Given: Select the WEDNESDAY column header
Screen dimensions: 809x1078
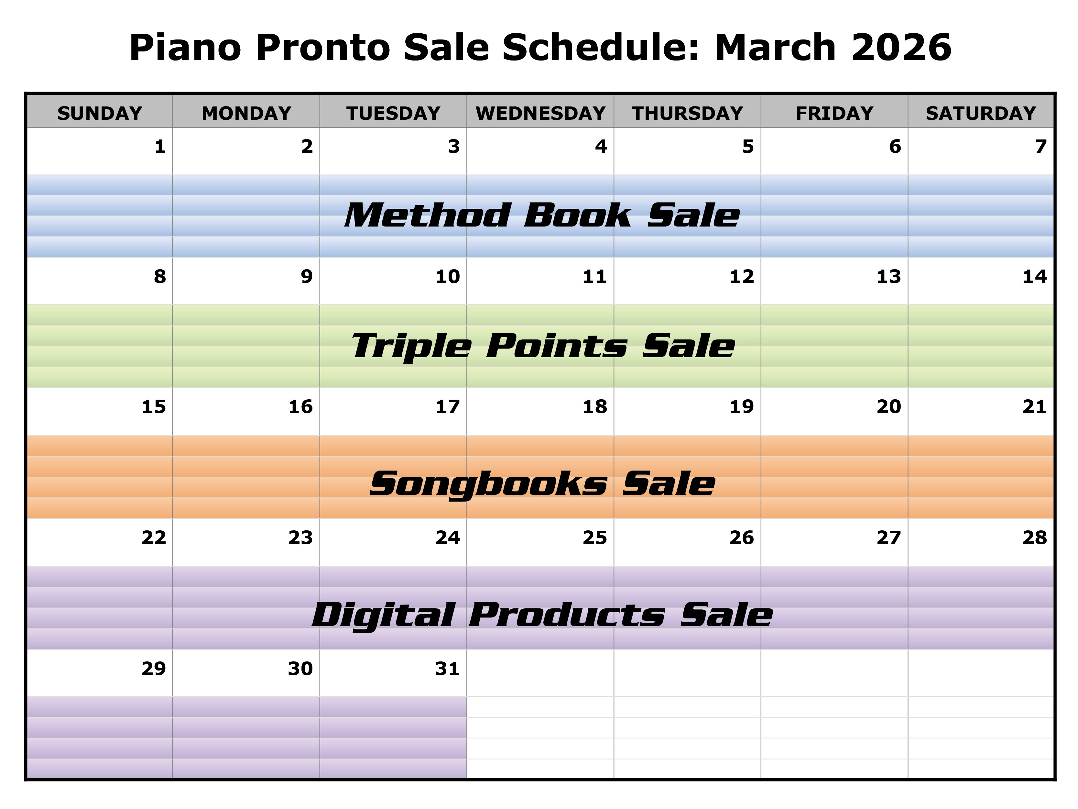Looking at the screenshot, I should click(x=540, y=113).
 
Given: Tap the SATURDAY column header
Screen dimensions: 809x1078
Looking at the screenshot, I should click(x=981, y=113).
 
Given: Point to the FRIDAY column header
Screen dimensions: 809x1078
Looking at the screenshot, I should click(x=834, y=113).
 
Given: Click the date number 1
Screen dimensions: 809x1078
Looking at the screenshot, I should click(x=160, y=146).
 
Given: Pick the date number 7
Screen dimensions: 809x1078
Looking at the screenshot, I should click(x=1041, y=146).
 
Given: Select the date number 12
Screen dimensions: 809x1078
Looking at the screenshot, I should click(x=741, y=276).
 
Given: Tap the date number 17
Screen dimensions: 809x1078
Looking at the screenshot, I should click(x=447, y=407).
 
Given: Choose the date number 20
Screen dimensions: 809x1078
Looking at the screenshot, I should click(x=888, y=407).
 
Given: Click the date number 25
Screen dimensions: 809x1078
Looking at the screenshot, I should click(x=594, y=537).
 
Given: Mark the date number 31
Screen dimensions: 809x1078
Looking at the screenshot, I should click(x=447, y=669).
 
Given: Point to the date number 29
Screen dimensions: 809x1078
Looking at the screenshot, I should click(x=154, y=669).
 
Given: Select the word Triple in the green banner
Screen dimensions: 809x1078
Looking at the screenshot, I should click(x=411, y=346).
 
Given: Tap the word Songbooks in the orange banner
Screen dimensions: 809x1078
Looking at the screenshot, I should click(x=488, y=484).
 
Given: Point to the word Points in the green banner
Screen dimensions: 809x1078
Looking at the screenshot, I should click(x=557, y=346).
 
